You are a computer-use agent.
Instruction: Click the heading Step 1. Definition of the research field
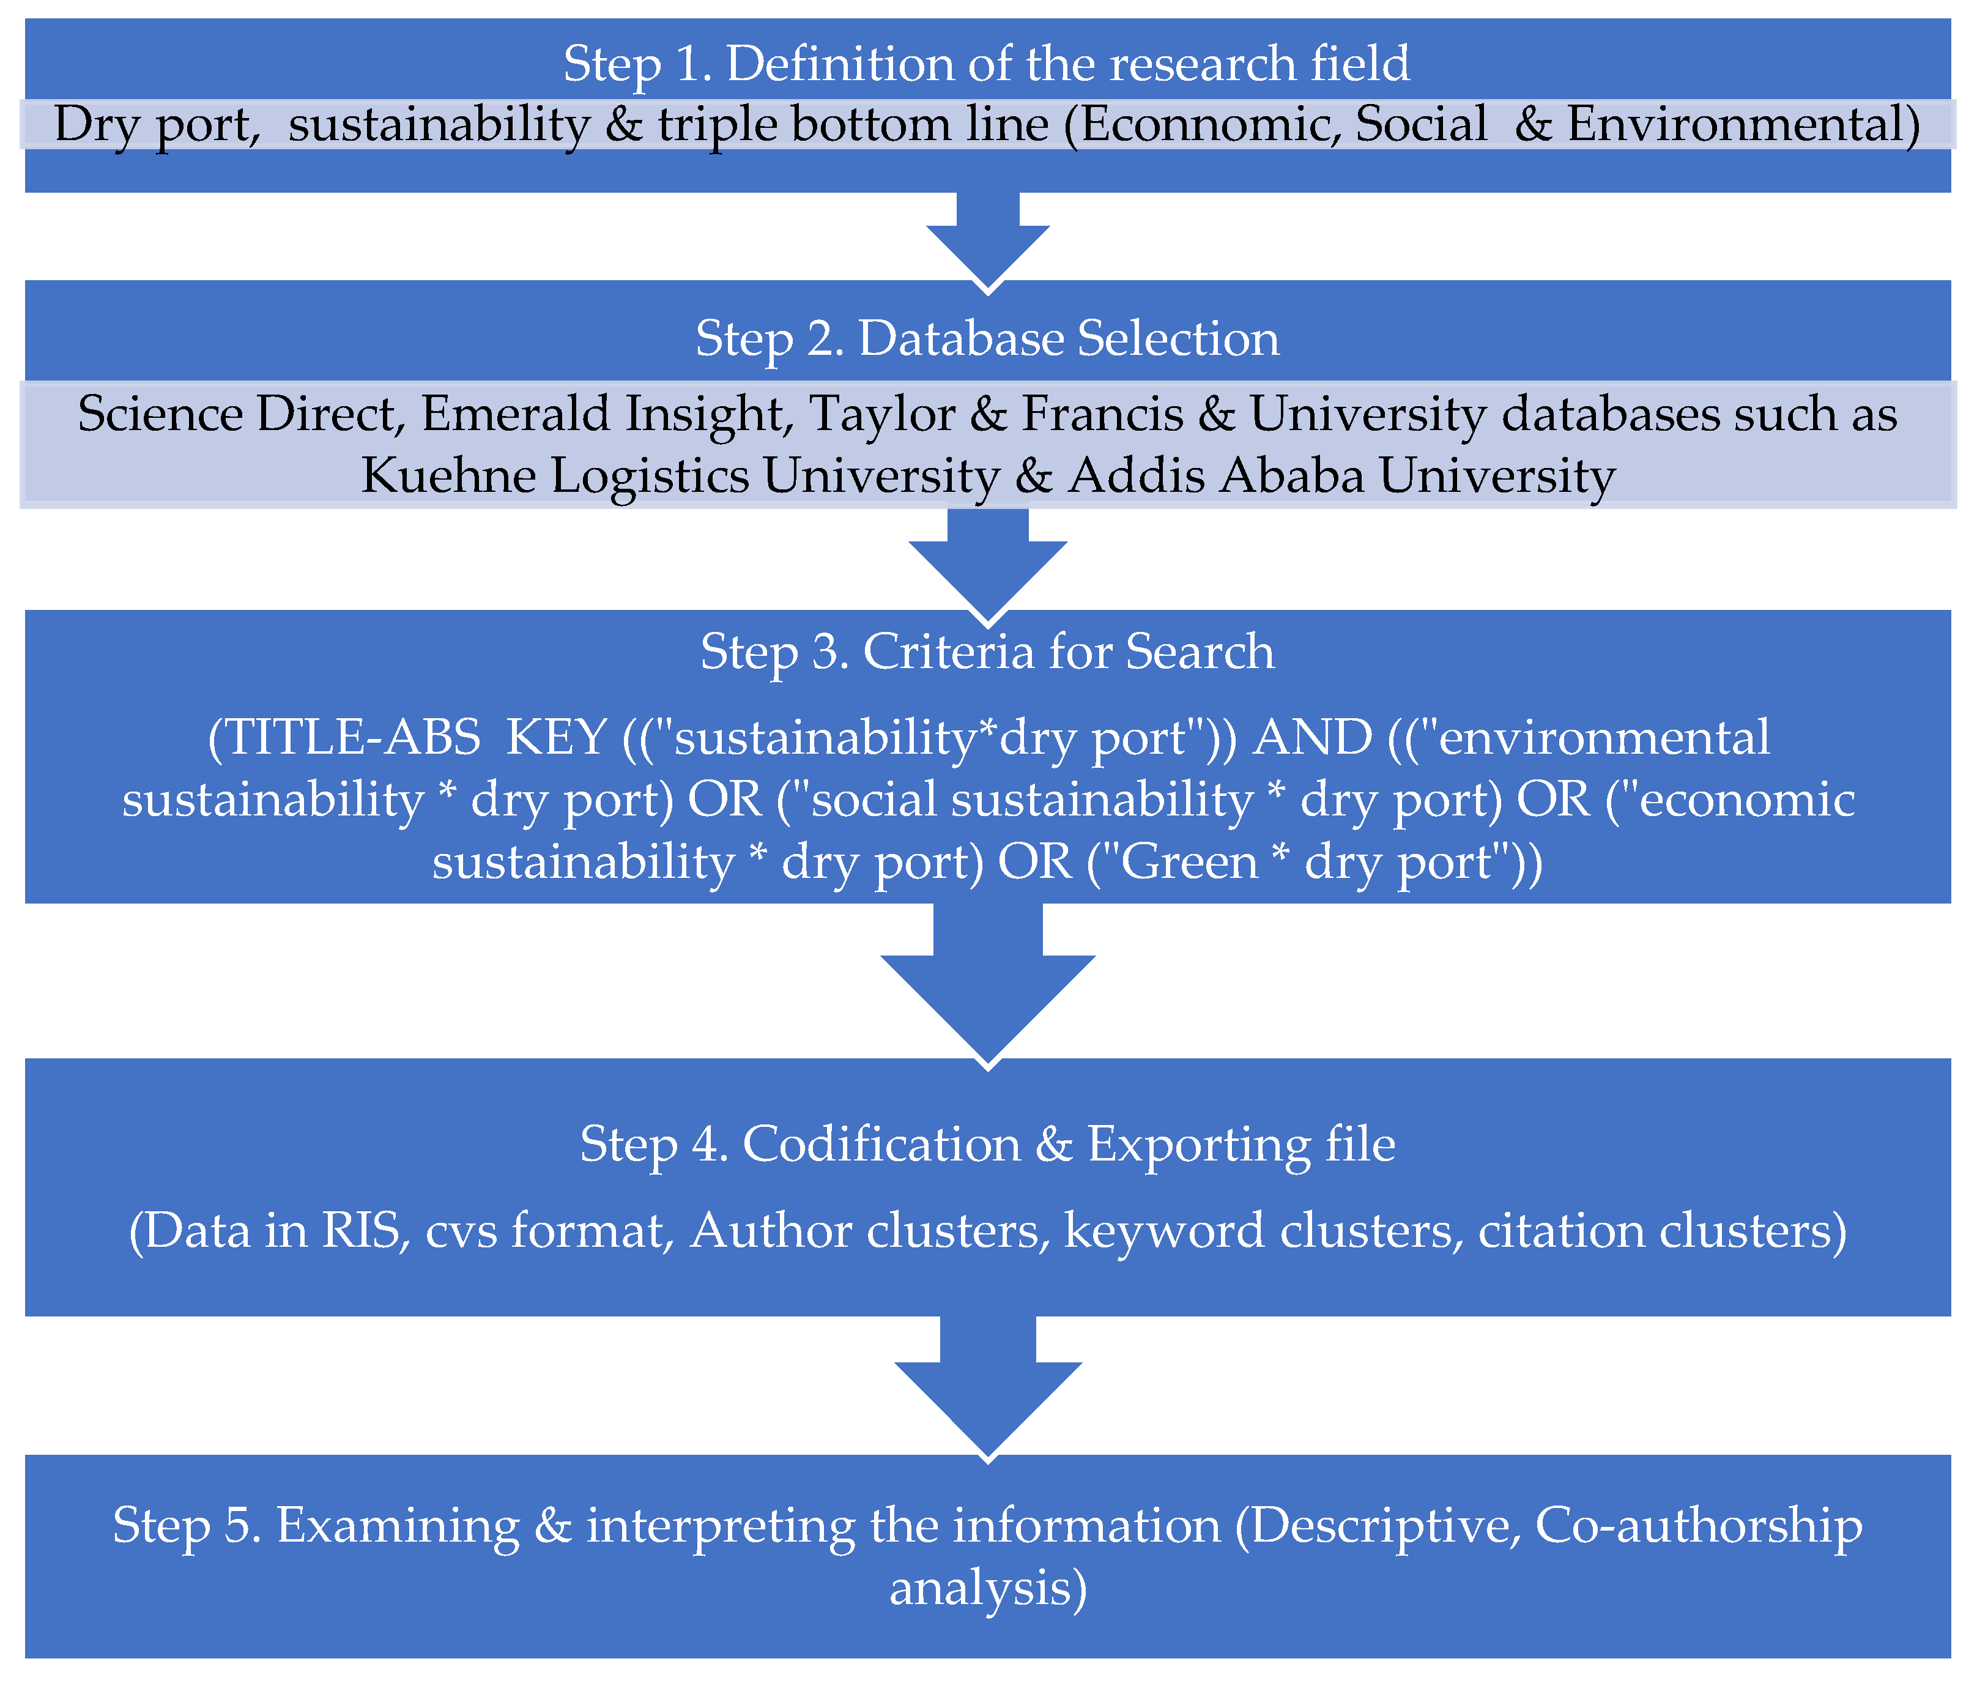pos(987,64)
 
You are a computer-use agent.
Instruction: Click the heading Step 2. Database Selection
pos(987,339)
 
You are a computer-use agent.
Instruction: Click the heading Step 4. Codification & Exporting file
pos(987,1144)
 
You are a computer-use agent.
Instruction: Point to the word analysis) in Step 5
pos(987,1588)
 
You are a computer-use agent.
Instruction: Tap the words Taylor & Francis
pos(996,414)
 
